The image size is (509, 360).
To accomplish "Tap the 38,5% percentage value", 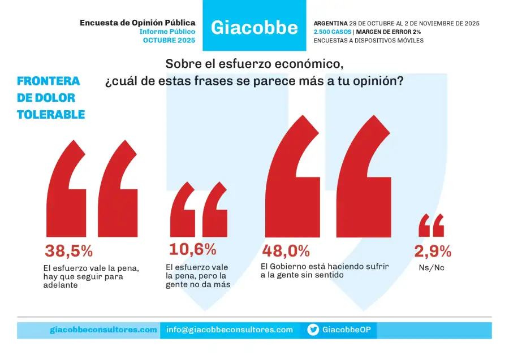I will [68, 251].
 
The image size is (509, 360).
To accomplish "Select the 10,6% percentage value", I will [192, 249].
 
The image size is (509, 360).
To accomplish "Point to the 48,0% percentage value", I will [286, 250].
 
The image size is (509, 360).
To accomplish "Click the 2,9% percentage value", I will [433, 251].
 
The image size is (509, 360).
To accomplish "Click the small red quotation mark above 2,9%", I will [431, 225].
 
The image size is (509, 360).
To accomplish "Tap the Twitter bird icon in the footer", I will [313, 330].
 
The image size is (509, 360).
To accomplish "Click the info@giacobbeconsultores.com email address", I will [230, 330].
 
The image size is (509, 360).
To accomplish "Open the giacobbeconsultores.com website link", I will [103, 330].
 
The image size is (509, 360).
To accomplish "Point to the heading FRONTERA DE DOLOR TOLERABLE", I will [51, 98].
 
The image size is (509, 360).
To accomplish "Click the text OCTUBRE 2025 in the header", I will [169, 41].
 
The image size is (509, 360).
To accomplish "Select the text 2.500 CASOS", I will [332, 32].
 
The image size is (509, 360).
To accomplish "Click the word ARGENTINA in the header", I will [331, 24].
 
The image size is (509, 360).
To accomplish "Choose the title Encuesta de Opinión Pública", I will [137, 23].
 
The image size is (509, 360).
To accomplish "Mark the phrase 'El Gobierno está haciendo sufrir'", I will [325, 266].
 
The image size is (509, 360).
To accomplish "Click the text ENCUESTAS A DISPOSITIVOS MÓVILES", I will [368, 41].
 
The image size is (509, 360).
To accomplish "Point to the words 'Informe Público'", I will [167, 32].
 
